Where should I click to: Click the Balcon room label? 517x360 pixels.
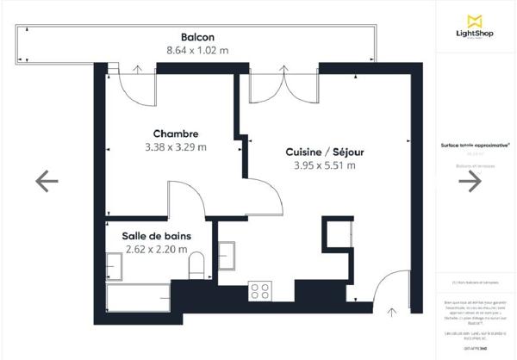[x=197, y=36]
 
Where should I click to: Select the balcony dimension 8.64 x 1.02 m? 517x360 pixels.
[x=197, y=50]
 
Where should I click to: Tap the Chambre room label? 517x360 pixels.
[x=176, y=133]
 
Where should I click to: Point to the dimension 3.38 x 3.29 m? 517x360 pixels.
[x=176, y=147]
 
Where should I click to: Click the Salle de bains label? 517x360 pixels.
[x=156, y=236]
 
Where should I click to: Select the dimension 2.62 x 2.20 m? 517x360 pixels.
[x=156, y=250]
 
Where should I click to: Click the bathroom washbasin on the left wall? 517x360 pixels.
[x=115, y=266]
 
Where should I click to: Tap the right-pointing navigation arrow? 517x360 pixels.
[x=470, y=180]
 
